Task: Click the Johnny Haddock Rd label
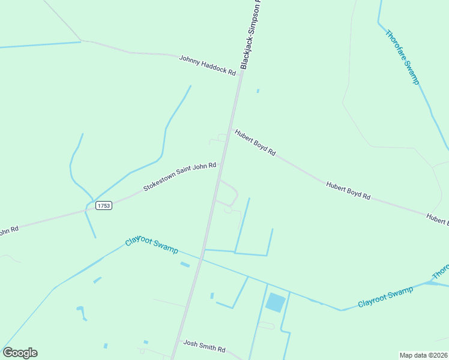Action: tap(208, 65)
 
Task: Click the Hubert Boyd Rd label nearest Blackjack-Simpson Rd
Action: tap(255, 143)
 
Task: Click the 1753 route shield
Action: tap(103, 205)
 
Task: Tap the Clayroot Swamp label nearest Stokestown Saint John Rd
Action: tap(151, 242)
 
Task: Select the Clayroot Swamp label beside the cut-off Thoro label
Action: tap(385, 297)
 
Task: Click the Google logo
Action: tap(20, 353)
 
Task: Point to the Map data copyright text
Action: tap(423, 355)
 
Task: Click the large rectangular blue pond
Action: tap(276, 302)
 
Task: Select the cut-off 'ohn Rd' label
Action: tap(9, 230)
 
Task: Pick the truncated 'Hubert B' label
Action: tap(438, 219)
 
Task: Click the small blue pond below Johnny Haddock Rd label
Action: tap(258, 91)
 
